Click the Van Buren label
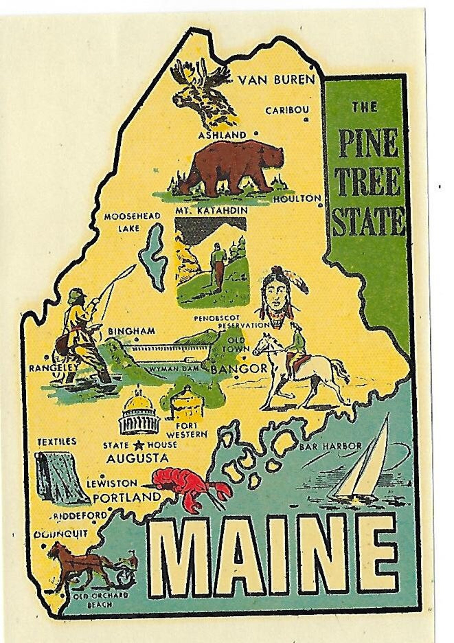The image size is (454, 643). [276, 80]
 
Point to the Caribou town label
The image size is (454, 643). [287, 110]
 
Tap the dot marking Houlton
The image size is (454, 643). [320, 205]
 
